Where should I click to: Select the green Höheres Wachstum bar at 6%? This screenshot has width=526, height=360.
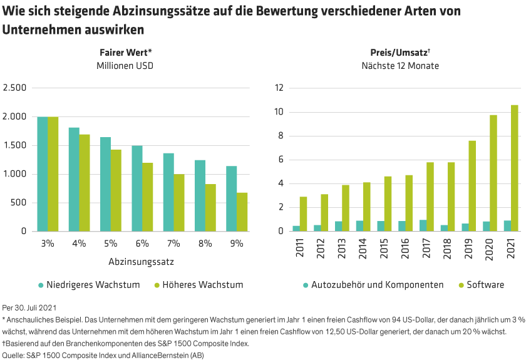click(x=148, y=197)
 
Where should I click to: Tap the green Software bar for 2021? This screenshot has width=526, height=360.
click(x=515, y=168)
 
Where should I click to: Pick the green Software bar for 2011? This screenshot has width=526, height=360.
click(x=303, y=213)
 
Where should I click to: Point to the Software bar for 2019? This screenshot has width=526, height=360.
click(x=472, y=185)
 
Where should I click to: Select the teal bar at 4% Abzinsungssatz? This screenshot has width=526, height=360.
click(x=74, y=179)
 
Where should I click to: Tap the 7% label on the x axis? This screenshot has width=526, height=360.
click(x=173, y=244)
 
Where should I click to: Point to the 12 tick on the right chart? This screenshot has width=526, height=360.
click(x=279, y=88)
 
